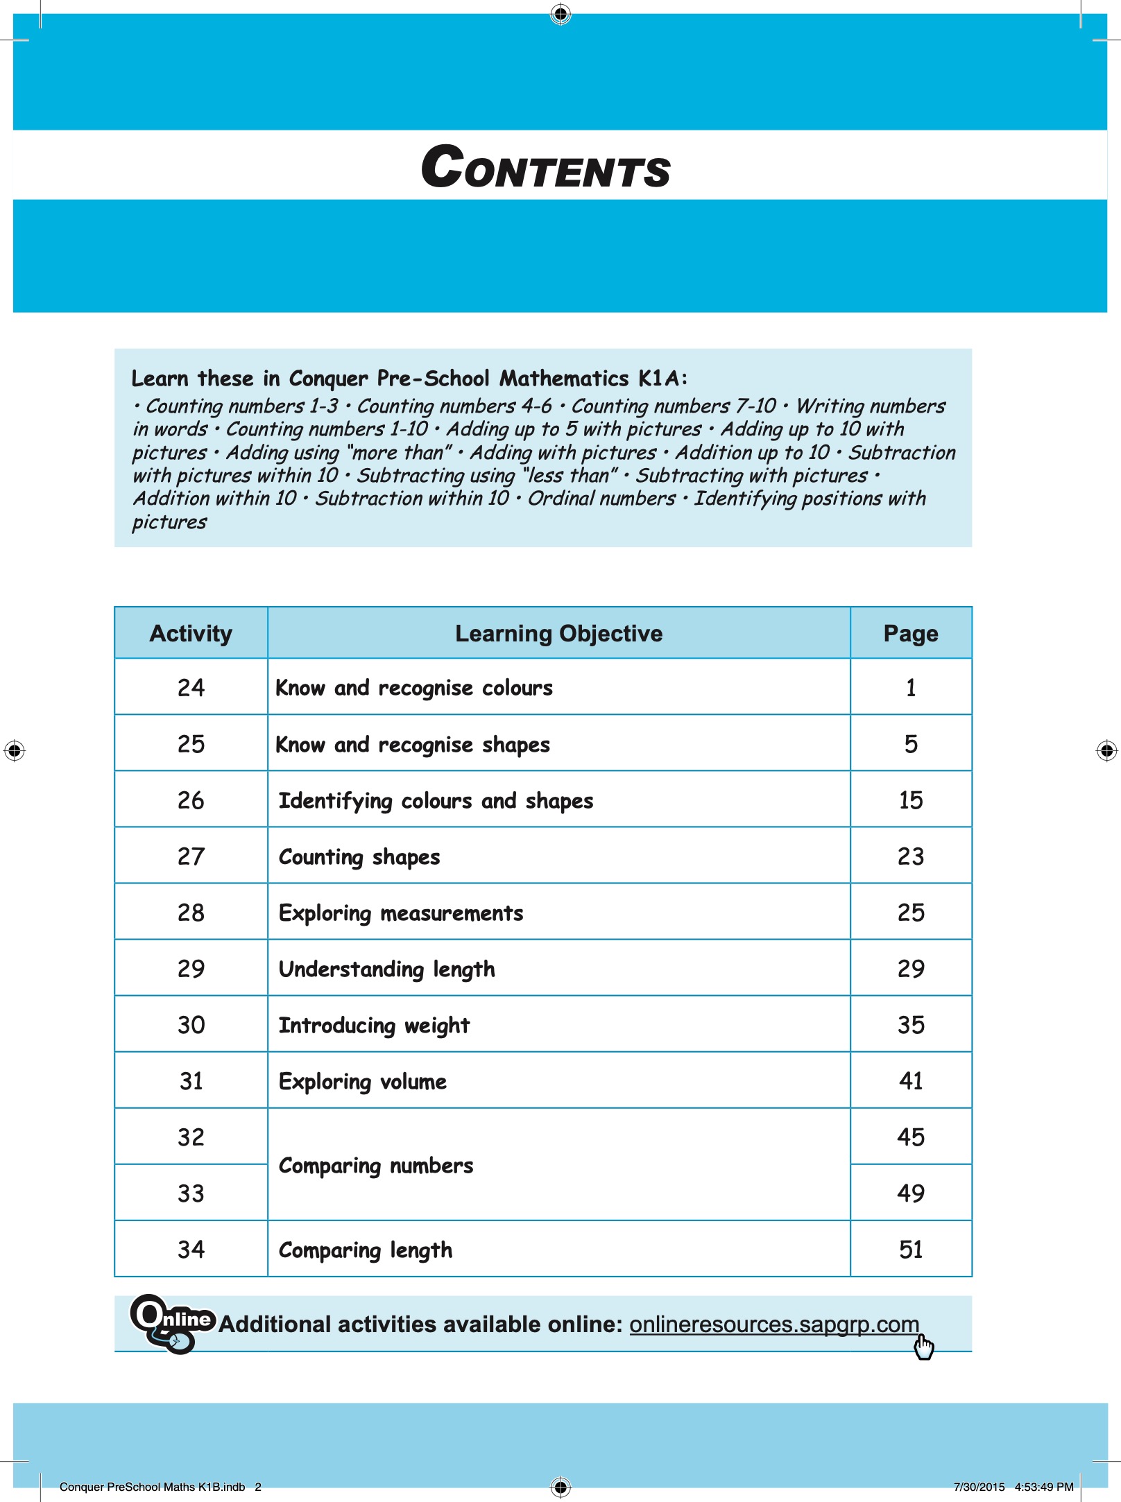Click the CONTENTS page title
[546, 168]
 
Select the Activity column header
[191, 633]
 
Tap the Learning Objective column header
[558, 633]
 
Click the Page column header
[910, 633]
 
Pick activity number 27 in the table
[191, 856]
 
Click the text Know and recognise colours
[414, 688]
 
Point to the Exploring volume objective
[362, 1081]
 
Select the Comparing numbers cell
[376, 1166]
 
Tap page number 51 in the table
[910, 1250]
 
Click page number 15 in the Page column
[910, 800]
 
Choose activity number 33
[191, 1193]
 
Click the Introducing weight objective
[374, 1025]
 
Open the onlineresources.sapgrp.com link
[773, 1324]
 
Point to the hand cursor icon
[923, 1347]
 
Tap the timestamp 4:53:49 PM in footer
[1043, 1487]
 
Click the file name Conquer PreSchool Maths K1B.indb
[152, 1487]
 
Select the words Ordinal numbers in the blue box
[601, 499]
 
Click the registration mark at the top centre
[560, 13]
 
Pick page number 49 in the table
[910, 1193]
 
